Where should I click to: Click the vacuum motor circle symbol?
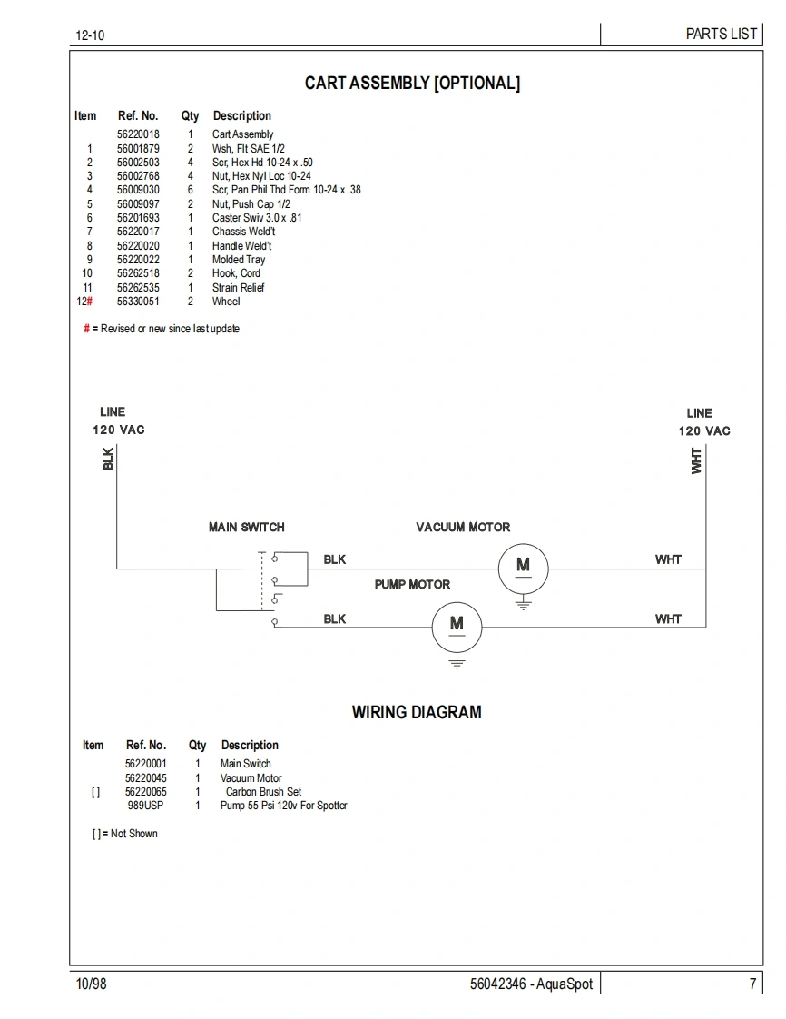(x=523, y=569)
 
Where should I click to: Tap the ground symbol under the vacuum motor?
(x=523, y=602)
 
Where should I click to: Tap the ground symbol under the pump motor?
(x=457, y=663)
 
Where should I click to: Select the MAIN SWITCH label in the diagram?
(x=246, y=527)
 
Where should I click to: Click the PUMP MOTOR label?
(x=412, y=585)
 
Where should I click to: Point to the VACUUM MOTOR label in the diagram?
(x=463, y=527)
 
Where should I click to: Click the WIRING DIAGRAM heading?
(x=417, y=713)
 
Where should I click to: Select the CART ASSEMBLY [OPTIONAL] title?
(x=412, y=84)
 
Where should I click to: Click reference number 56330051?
(x=138, y=302)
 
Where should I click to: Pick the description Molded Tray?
(x=239, y=260)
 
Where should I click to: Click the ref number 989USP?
(x=146, y=806)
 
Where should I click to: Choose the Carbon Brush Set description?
(x=263, y=792)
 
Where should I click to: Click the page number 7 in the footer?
(x=752, y=984)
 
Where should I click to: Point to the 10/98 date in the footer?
(x=91, y=984)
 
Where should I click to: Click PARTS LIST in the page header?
(x=721, y=34)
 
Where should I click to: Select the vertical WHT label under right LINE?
(x=696, y=460)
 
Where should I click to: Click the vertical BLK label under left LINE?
(x=109, y=459)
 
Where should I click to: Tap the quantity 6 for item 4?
(x=191, y=190)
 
